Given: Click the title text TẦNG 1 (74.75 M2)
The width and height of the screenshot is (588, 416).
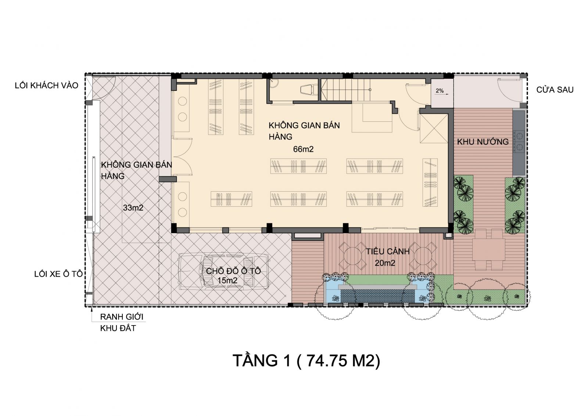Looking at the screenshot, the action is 306,360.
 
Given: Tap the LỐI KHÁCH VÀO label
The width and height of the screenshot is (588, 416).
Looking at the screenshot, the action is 46,85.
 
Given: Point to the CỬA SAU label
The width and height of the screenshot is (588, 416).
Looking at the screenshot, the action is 555,90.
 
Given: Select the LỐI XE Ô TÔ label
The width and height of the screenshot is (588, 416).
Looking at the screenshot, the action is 58,274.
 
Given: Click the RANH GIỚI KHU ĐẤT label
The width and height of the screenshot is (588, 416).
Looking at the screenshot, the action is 122,323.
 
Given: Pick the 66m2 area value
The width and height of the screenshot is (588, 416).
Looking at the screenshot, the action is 303,149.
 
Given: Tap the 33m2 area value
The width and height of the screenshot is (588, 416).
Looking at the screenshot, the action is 133,208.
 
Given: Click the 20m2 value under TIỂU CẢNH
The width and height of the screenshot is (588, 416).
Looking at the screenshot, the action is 385,263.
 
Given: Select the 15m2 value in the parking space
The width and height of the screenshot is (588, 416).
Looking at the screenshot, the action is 227,280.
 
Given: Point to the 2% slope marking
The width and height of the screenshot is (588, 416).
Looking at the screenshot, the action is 440,90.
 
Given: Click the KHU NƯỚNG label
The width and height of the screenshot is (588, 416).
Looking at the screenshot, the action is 483,142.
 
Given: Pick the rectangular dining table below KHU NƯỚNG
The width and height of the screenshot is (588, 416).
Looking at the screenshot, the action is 488,249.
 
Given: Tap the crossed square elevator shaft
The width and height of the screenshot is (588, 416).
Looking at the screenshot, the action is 434,129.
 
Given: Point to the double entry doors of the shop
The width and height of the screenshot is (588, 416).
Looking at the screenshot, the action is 182,156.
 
